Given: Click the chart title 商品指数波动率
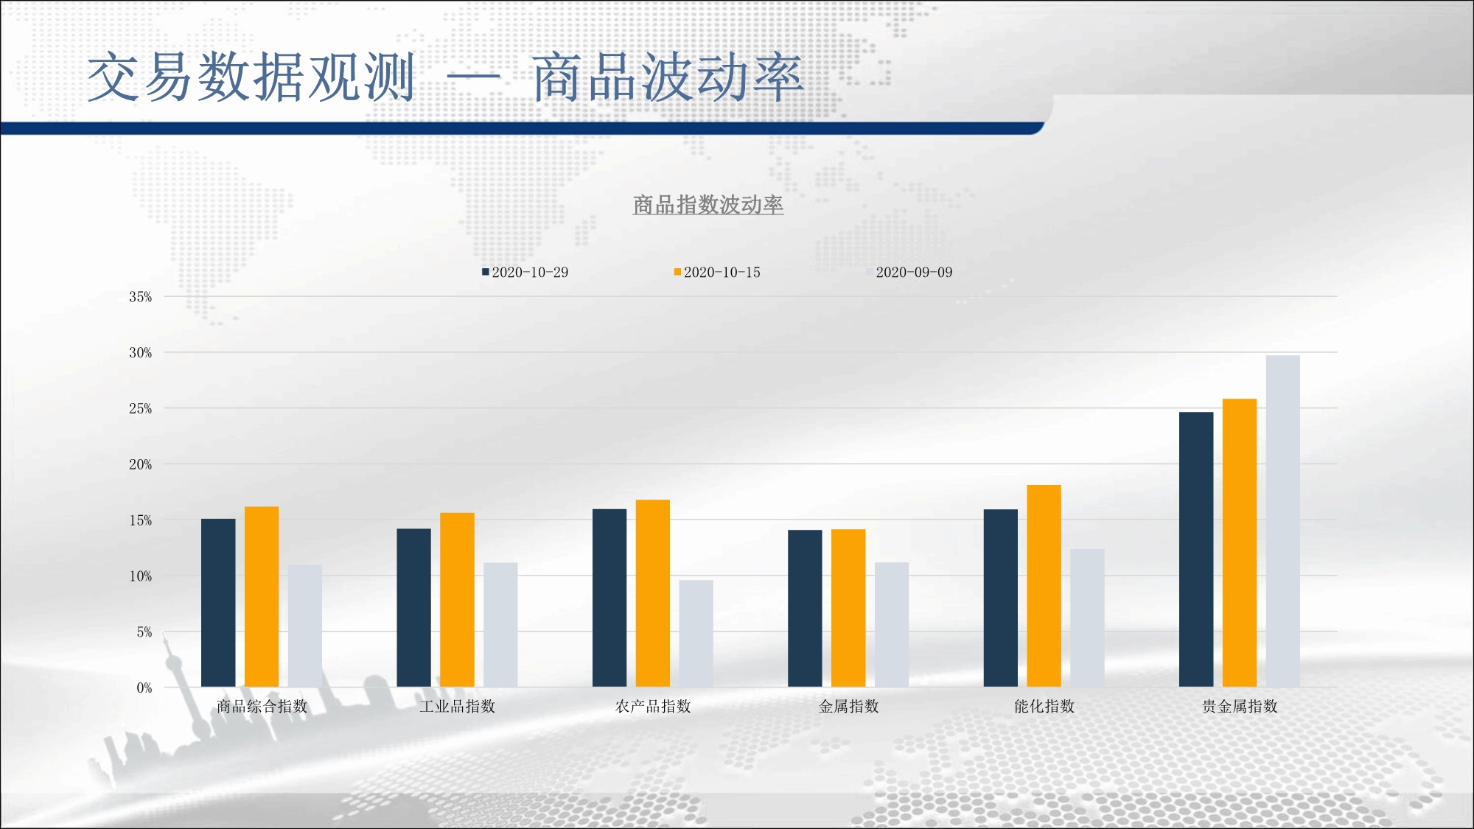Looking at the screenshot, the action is click(x=708, y=204).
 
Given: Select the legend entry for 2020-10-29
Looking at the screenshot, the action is click(x=525, y=272).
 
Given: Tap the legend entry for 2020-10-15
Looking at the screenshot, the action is click(x=717, y=272).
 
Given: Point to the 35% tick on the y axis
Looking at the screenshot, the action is click(x=141, y=297).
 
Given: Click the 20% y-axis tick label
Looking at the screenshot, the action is click(x=141, y=464).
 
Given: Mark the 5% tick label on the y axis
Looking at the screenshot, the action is click(x=144, y=632).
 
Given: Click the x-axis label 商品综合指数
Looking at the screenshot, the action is click(x=262, y=706).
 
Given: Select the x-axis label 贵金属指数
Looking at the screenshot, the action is click(x=1240, y=706).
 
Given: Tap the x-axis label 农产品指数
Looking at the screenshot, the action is click(x=653, y=706).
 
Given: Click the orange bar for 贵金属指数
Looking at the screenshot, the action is click(x=1240, y=543).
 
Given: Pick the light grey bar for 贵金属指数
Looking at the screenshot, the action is click(x=1283, y=522).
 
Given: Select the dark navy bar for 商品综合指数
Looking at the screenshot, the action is click(x=218, y=603).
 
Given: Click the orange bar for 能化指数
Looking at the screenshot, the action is click(x=1044, y=586).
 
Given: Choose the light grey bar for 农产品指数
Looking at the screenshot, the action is click(x=696, y=634).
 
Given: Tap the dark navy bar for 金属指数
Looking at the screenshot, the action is click(x=805, y=609).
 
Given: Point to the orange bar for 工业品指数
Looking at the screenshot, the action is click(x=457, y=600).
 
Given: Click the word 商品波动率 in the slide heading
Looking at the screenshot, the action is click(x=668, y=77).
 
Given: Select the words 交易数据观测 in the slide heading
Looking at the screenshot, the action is click(x=251, y=77).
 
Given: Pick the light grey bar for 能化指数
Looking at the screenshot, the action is click(x=1087, y=618).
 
